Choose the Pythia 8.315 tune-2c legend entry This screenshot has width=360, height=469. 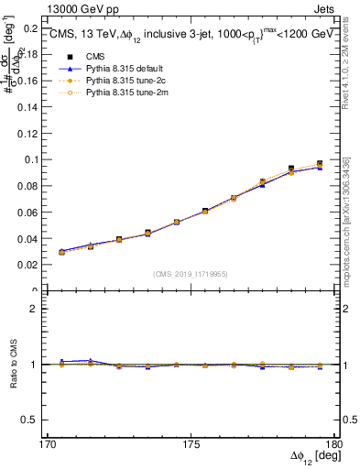pyautogui.click(x=115, y=81)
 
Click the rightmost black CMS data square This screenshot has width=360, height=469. pyautogui.click(x=320, y=164)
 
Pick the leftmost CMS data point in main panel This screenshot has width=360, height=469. pyautogui.click(x=61, y=252)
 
